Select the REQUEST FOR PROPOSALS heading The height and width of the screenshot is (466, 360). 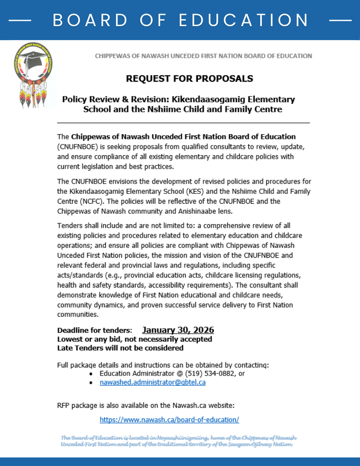190,78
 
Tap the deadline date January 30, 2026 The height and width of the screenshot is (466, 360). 178,330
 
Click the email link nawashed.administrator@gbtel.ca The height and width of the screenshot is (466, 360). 152,382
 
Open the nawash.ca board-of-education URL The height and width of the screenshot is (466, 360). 169,419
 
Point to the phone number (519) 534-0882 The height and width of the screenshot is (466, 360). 211,373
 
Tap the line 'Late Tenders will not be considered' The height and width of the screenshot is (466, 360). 120,348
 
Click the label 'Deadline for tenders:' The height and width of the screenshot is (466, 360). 95,330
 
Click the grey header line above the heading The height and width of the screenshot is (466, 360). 203,56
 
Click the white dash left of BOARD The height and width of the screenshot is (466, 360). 20,21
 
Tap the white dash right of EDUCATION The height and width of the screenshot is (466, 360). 340,21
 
